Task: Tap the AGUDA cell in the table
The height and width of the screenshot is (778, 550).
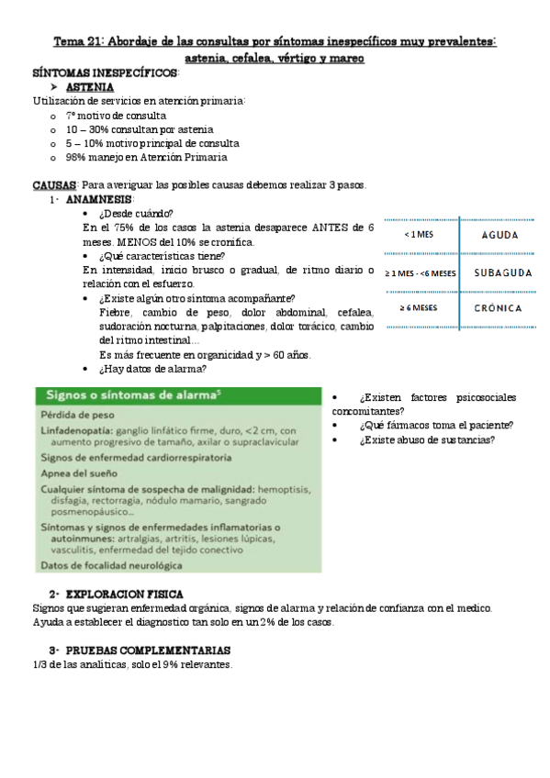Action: pos(499,235)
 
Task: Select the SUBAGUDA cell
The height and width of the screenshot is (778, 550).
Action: pos(499,272)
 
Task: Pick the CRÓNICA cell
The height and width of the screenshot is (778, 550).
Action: pos(499,308)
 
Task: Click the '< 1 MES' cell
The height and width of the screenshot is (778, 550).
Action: pos(420,235)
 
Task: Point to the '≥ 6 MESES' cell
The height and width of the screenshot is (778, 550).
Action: pos(420,308)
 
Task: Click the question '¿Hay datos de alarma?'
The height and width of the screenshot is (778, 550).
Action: pos(152,370)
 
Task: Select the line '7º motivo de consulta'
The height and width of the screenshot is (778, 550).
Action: pos(116,116)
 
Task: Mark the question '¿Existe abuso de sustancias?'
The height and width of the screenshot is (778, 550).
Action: pos(428,439)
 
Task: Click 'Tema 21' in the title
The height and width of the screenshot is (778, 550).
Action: pos(80,41)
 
